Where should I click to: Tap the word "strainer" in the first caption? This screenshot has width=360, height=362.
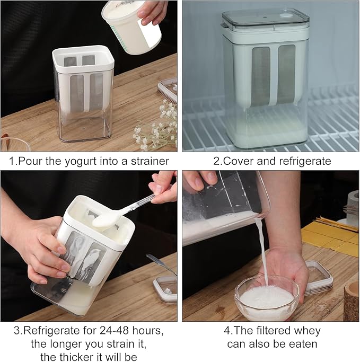[x=150, y=161]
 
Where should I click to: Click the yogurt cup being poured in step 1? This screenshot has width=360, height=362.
[x=131, y=27]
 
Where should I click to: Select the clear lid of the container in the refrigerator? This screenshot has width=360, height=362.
[x=265, y=20]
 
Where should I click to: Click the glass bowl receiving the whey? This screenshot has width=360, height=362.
[x=267, y=299]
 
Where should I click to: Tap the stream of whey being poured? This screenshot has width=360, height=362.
[x=264, y=252]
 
